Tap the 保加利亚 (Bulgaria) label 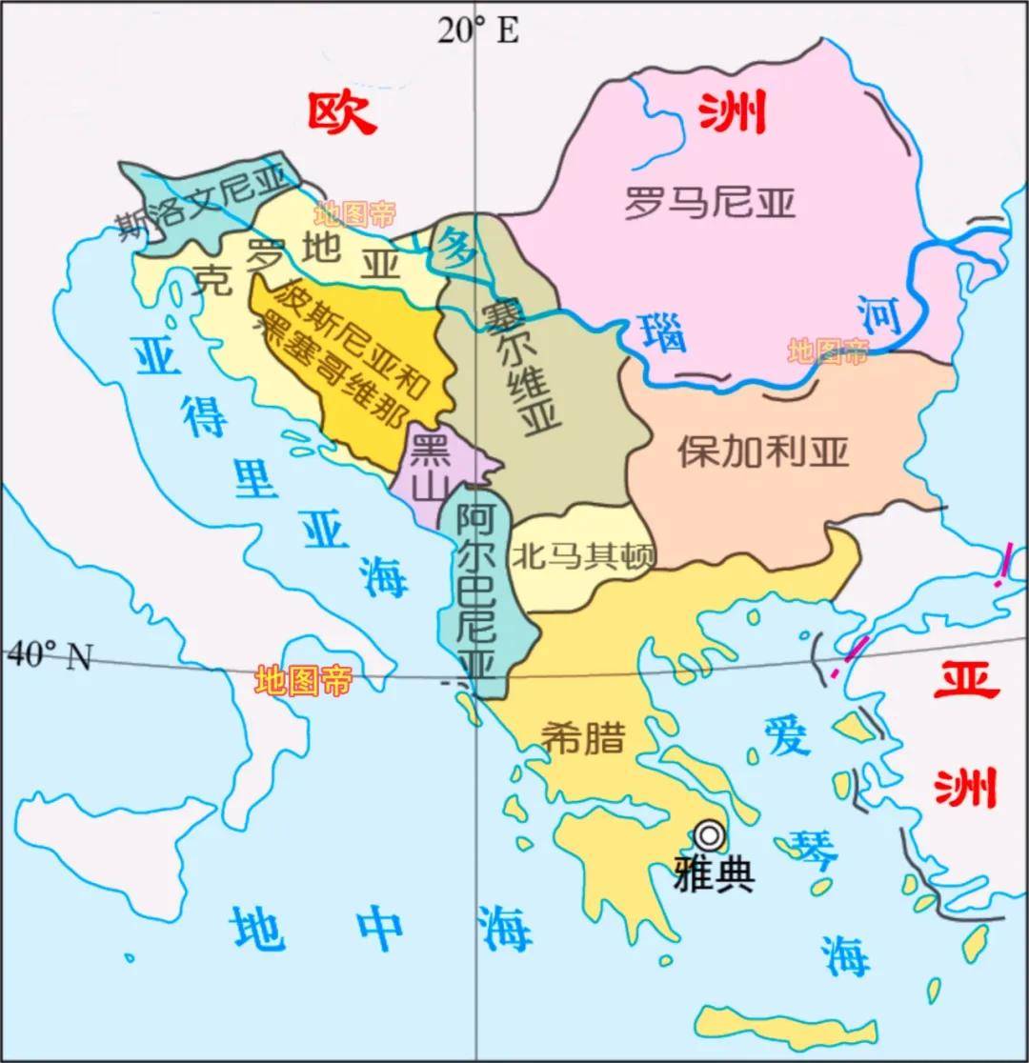click(762, 452)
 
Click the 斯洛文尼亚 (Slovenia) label click(201, 203)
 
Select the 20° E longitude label click(478, 30)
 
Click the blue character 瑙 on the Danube click(664, 334)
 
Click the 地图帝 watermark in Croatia click(355, 213)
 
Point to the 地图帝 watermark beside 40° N click(303, 680)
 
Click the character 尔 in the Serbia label click(513, 346)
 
